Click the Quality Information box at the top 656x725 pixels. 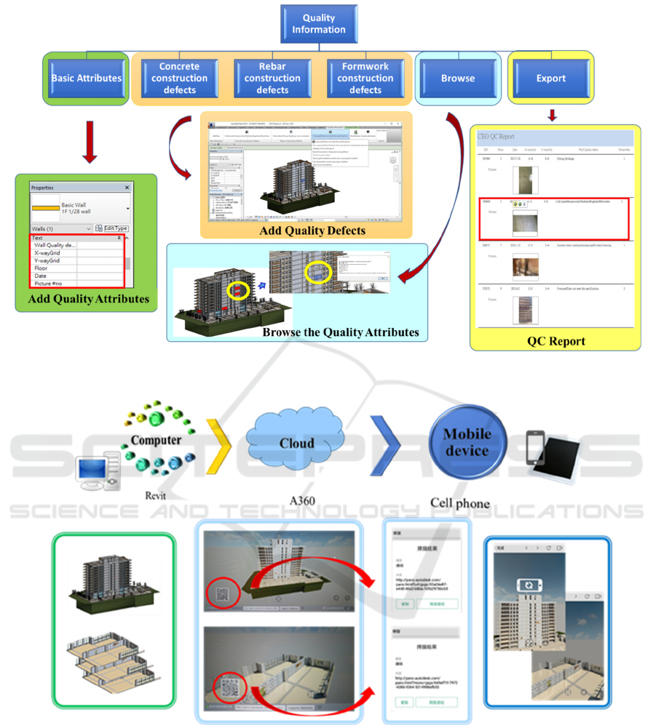(319, 23)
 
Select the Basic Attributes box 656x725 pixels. (87, 78)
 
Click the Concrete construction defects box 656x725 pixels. (179, 78)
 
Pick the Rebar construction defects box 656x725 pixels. (272, 78)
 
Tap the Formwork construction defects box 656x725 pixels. (365, 78)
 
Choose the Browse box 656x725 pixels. (457, 78)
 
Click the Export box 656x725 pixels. (550, 78)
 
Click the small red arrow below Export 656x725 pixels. (553, 116)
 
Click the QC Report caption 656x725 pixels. (556, 340)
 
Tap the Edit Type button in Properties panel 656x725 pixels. (111, 228)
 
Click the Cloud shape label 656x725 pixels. (297, 443)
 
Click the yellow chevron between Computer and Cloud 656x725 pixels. (219, 444)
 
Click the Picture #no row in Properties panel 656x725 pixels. (53, 284)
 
